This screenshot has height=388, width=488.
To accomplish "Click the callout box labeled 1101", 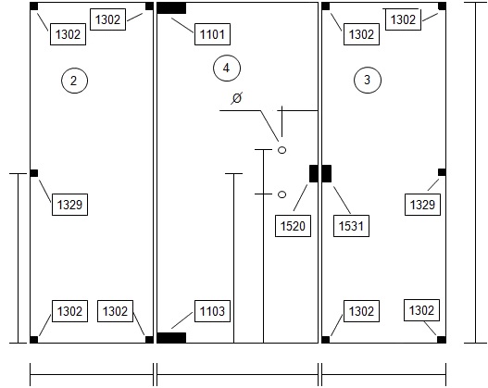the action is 212,34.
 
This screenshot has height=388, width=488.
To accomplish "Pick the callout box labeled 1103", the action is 212,311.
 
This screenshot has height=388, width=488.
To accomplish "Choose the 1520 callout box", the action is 293,226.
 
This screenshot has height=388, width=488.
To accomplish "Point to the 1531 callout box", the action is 351,226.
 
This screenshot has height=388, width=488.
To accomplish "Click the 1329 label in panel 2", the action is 69,205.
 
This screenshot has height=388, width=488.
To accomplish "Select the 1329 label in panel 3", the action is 422,205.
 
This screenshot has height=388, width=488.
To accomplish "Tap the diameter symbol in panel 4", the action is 237,98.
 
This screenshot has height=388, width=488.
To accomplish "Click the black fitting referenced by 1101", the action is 171,8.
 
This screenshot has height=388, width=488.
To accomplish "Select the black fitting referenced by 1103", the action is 171,338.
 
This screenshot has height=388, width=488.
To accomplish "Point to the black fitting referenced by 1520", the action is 313,173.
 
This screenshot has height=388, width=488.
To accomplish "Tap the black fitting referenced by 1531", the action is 327,173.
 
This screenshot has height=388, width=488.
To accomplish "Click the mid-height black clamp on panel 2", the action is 34,173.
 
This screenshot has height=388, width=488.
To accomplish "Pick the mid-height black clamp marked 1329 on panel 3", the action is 442,172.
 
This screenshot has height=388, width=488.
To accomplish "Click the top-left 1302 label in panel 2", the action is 69,34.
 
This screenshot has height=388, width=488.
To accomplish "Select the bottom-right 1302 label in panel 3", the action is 421,310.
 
